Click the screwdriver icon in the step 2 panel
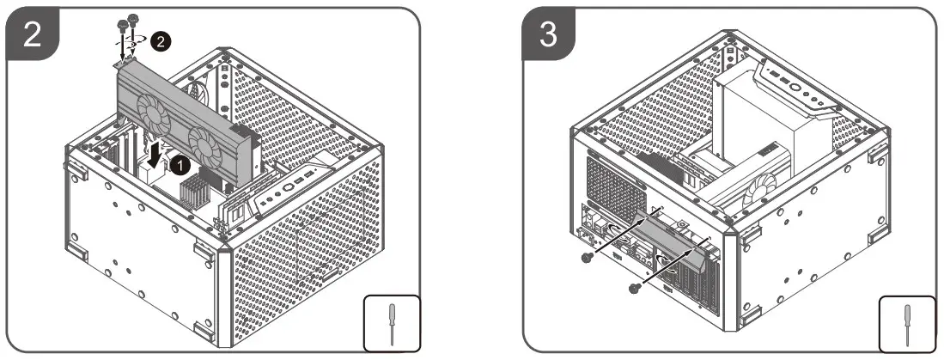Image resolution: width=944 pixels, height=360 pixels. point(392,323)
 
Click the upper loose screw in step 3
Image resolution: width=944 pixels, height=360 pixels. point(586,258)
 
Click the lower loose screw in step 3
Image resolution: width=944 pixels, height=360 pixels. point(635,288)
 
